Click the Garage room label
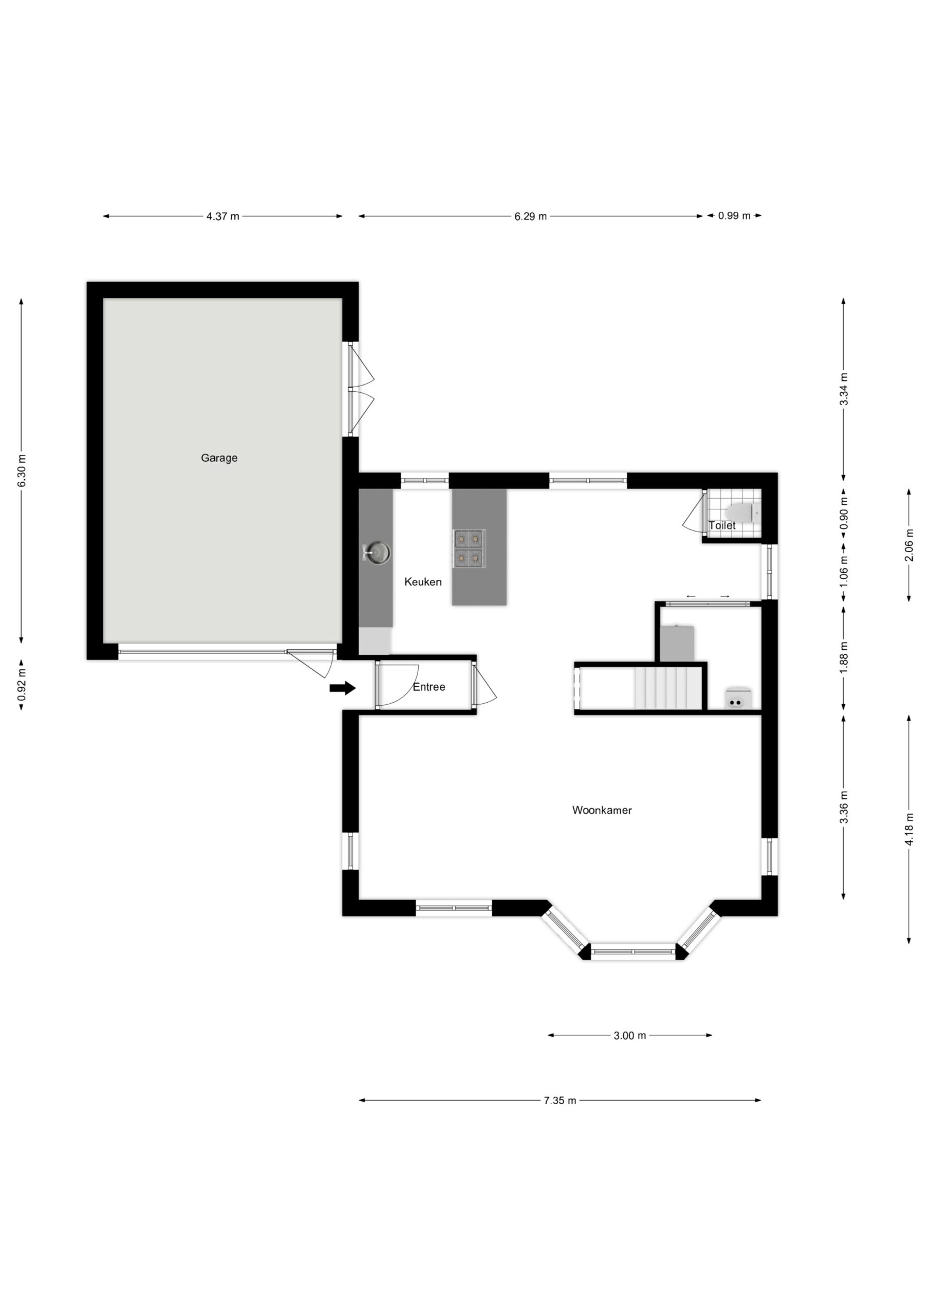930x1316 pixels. (219, 458)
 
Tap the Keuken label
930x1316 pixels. (423, 582)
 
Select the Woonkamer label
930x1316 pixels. (602, 810)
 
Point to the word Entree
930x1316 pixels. (429, 687)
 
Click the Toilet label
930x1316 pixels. (722, 525)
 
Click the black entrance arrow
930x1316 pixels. (342, 688)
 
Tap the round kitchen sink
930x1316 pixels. (378, 553)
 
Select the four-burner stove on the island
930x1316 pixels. (469, 549)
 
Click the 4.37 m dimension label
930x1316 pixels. (223, 216)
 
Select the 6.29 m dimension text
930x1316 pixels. (531, 216)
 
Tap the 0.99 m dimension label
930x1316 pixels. (734, 216)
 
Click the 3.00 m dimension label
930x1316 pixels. (630, 1036)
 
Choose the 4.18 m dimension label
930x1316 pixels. (909, 828)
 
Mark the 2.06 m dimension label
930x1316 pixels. (909, 545)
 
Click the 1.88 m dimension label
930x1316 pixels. (844, 657)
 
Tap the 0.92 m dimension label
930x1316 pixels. (22, 684)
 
